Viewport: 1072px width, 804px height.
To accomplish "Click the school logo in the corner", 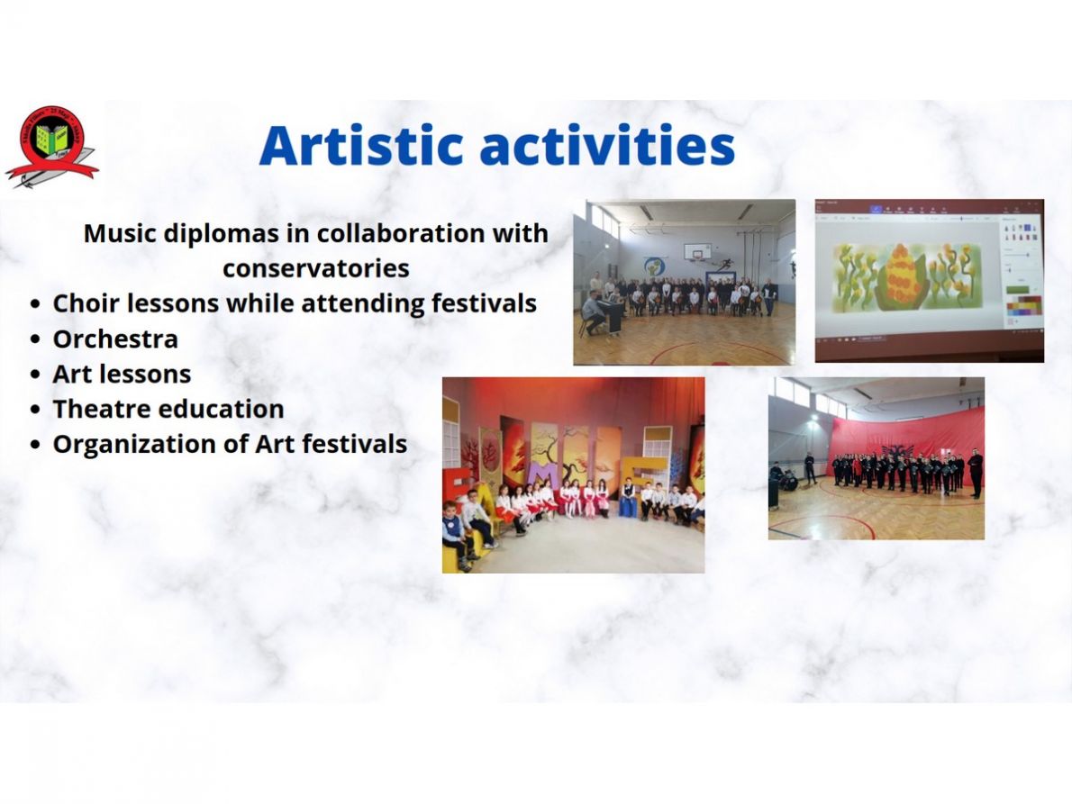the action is [x=52, y=146].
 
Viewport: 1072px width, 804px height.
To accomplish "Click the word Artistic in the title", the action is [x=362, y=145].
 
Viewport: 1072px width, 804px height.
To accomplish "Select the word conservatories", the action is [x=316, y=267].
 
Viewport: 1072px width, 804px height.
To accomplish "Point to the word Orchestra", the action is [x=115, y=339].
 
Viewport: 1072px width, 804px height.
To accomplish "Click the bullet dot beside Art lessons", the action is [x=36, y=375].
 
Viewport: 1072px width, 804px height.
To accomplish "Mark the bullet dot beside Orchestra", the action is [x=36, y=339].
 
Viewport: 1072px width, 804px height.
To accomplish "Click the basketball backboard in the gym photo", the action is [x=697, y=251].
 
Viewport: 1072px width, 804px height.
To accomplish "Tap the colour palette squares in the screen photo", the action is [x=1023, y=306].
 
